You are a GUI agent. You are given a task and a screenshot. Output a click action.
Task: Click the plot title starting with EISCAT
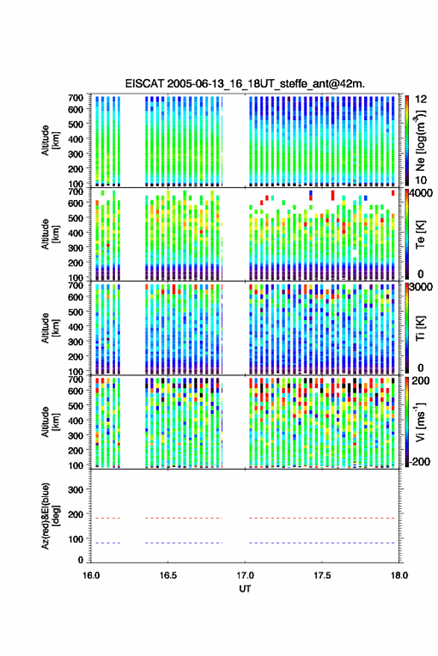(x=245, y=84)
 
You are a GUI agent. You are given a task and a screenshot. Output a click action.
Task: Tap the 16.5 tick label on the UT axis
(x=168, y=575)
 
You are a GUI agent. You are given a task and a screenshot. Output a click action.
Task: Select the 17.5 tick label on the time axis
(x=322, y=575)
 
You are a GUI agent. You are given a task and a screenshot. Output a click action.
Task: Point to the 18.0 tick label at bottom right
(x=399, y=575)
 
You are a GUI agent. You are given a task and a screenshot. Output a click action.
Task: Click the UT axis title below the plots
(x=245, y=589)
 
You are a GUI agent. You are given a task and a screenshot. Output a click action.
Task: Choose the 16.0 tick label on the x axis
(x=91, y=575)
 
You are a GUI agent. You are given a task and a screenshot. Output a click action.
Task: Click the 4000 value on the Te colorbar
(x=422, y=194)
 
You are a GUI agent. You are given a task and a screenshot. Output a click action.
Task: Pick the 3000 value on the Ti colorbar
(x=422, y=287)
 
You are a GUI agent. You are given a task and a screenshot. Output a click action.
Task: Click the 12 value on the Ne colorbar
(x=421, y=99)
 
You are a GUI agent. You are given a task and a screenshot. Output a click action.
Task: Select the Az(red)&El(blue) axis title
(x=49, y=516)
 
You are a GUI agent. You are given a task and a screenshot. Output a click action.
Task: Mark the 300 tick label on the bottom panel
(x=75, y=490)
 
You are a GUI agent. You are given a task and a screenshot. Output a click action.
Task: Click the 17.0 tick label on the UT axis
(x=245, y=575)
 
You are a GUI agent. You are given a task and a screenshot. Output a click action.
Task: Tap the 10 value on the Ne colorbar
(x=421, y=181)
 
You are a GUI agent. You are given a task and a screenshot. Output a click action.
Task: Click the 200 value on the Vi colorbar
(x=421, y=381)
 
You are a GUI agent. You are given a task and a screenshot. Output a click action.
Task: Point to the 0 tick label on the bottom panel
(x=81, y=560)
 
